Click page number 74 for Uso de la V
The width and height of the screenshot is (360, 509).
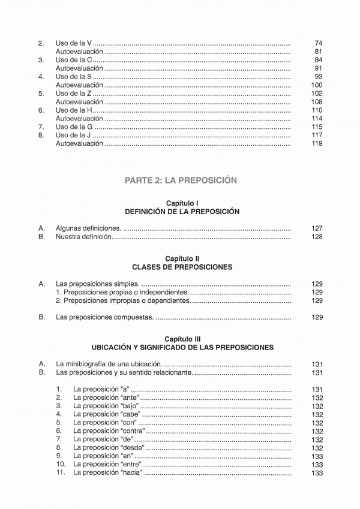point(318,44)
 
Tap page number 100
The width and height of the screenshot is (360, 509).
point(317,86)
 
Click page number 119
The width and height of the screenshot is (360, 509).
point(317,144)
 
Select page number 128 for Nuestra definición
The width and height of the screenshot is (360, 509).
point(317,237)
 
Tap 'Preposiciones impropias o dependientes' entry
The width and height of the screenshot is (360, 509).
point(123,300)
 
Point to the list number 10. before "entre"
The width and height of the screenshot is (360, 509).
point(61,465)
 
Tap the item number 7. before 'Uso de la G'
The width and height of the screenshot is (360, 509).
point(41,128)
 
